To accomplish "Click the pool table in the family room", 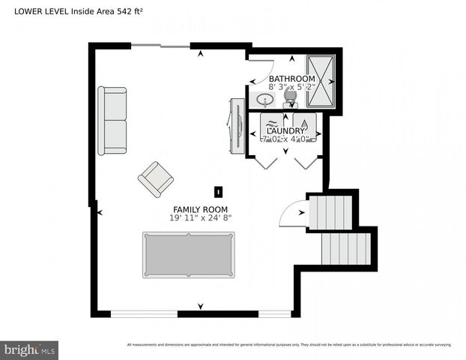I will tap(189, 254).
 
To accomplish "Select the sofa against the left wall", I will tap(112, 121).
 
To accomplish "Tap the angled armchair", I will tap(156, 179).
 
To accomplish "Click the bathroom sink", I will tap(264, 100).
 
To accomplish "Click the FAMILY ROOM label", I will tap(200, 209).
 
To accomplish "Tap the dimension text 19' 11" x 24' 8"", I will tap(200, 218).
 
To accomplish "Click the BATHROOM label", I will tap(291, 79).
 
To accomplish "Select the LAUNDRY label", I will tap(285, 130).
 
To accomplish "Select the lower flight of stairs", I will tap(345, 249).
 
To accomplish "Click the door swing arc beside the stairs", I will tap(291, 215).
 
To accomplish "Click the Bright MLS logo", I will tap(30, 349).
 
